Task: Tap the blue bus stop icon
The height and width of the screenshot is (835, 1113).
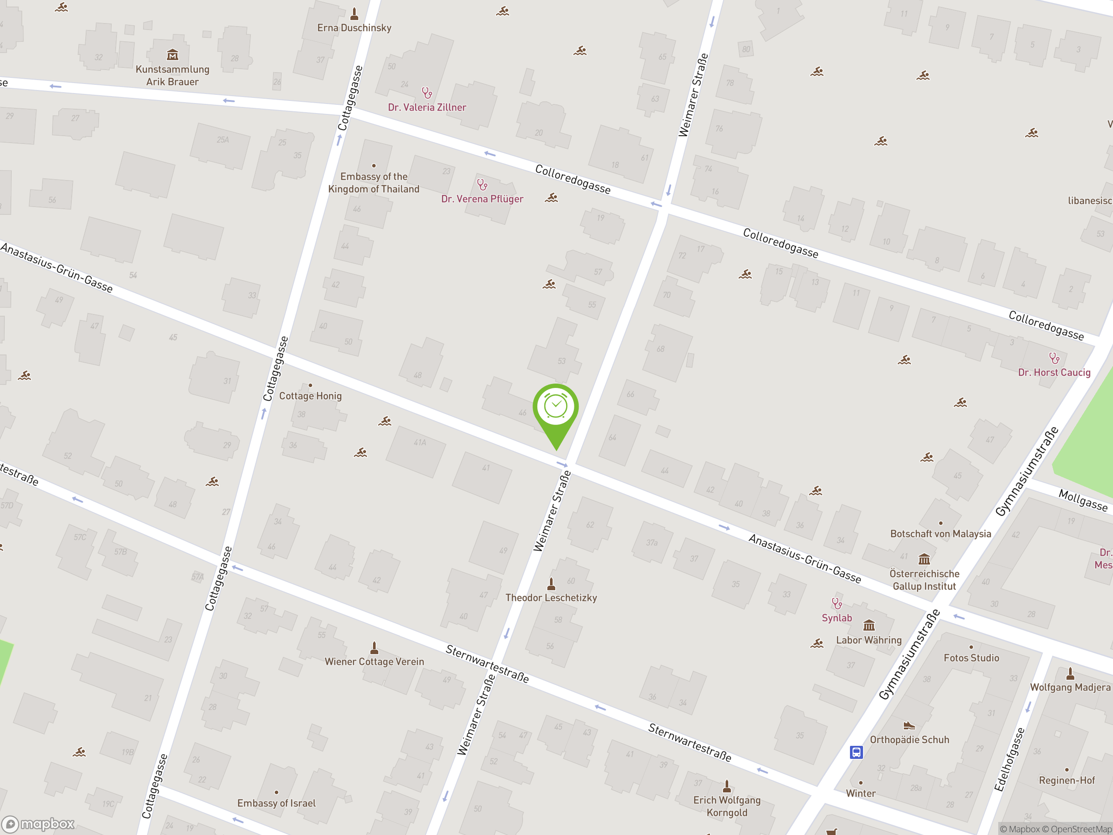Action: (856, 752)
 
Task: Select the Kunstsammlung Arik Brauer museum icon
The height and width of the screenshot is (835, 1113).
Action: (172, 54)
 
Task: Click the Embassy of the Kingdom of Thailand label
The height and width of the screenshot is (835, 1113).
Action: (373, 183)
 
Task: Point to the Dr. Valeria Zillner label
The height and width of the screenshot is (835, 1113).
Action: (427, 107)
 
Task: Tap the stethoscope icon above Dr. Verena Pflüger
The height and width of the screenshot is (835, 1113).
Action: (482, 185)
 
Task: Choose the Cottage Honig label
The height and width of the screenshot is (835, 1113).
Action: (310, 396)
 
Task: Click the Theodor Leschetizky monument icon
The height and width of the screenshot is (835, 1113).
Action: (551, 584)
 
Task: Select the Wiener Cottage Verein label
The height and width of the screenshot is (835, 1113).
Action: (374, 662)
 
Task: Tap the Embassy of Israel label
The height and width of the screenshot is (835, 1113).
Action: (276, 803)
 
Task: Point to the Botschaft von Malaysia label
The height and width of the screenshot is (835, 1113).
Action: (940, 534)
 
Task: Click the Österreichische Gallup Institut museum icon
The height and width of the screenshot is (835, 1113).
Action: (924, 559)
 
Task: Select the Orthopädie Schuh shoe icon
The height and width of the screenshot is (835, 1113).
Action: (909, 725)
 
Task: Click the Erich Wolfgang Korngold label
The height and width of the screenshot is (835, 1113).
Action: (726, 806)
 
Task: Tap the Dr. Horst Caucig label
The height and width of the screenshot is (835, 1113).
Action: (1054, 372)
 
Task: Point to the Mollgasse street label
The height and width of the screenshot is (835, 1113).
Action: (1083, 500)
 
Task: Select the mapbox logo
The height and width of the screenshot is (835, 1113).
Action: (39, 824)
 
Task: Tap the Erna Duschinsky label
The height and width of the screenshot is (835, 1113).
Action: (354, 28)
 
